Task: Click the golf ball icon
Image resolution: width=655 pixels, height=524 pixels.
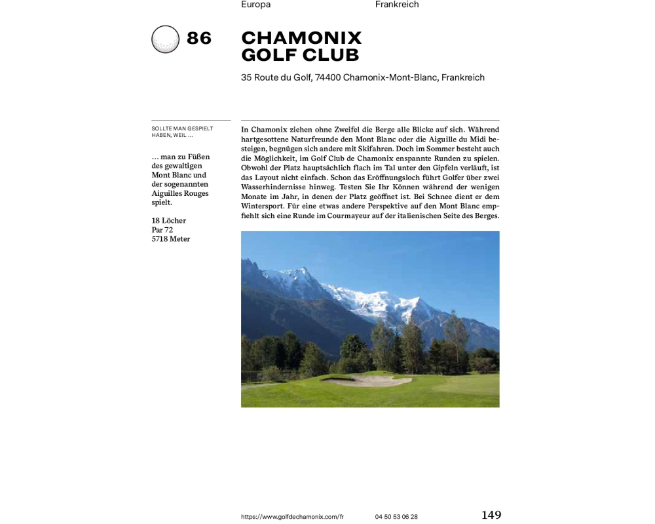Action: click(x=165, y=39)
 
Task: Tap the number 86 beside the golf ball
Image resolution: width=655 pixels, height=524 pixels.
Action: click(x=199, y=39)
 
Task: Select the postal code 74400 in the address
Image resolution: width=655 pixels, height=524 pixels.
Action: click(x=327, y=77)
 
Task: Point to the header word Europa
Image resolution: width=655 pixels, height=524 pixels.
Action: click(x=255, y=5)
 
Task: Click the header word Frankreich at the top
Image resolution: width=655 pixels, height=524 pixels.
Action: click(x=397, y=5)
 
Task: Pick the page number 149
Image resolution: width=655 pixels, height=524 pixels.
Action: click(x=491, y=515)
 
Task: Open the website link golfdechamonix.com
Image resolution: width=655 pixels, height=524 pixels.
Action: click(x=292, y=517)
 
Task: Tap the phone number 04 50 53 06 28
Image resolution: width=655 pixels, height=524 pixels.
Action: click(x=396, y=517)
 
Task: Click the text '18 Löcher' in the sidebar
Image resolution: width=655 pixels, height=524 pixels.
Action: click(x=169, y=221)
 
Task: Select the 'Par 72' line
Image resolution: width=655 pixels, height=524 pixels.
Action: click(x=162, y=230)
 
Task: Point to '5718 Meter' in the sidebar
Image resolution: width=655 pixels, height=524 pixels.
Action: click(x=171, y=239)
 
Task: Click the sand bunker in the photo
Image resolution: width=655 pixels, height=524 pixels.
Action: click(x=367, y=380)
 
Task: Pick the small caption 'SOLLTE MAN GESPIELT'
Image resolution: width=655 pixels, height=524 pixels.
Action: click(x=182, y=128)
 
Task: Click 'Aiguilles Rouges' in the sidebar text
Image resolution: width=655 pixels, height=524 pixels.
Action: click(x=180, y=194)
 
